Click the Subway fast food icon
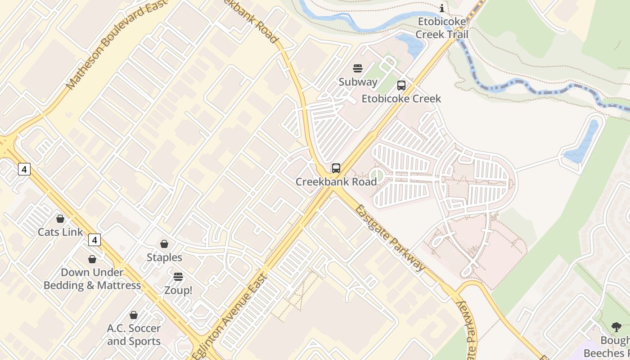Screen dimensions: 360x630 tap(358, 68)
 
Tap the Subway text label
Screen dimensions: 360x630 tap(358, 82)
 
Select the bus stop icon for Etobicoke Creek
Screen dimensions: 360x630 tap(401, 85)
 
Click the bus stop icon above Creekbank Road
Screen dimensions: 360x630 tap(336, 168)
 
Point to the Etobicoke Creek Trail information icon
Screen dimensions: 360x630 tap(442, 8)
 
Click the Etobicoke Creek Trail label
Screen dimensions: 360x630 tap(442, 28)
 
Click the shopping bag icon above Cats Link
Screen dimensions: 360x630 tap(60, 219)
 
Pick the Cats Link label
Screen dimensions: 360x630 tap(60, 232)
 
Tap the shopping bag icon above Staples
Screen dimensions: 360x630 tap(164, 244)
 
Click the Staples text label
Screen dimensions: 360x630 tap(164, 257)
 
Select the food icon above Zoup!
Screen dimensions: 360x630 tap(178, 277)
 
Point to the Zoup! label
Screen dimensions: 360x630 tap(178, 290)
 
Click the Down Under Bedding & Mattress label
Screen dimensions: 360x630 tap(92, 279)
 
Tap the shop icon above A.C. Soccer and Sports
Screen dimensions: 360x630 tap(134, 315)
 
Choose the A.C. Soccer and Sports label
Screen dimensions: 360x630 tap(134, 335)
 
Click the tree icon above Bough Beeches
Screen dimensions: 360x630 tap(616, 327)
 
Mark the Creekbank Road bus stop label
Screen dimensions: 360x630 tap(336, 182)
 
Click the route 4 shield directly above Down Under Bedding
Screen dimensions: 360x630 tap(94, 240)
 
